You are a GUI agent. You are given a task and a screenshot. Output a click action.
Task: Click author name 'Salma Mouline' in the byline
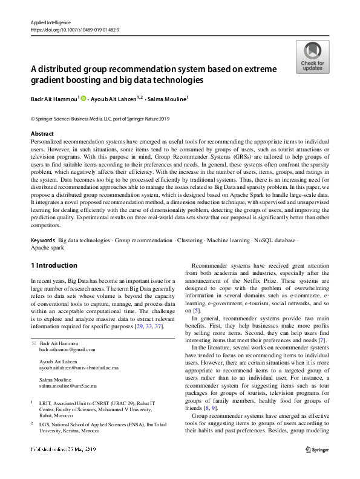[169, 97]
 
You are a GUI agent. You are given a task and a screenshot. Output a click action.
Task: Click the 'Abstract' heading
[42, 133]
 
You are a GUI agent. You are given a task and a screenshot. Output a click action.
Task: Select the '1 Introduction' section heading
[54, 265]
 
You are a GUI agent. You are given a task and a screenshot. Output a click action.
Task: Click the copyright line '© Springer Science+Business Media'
[100, 119]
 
